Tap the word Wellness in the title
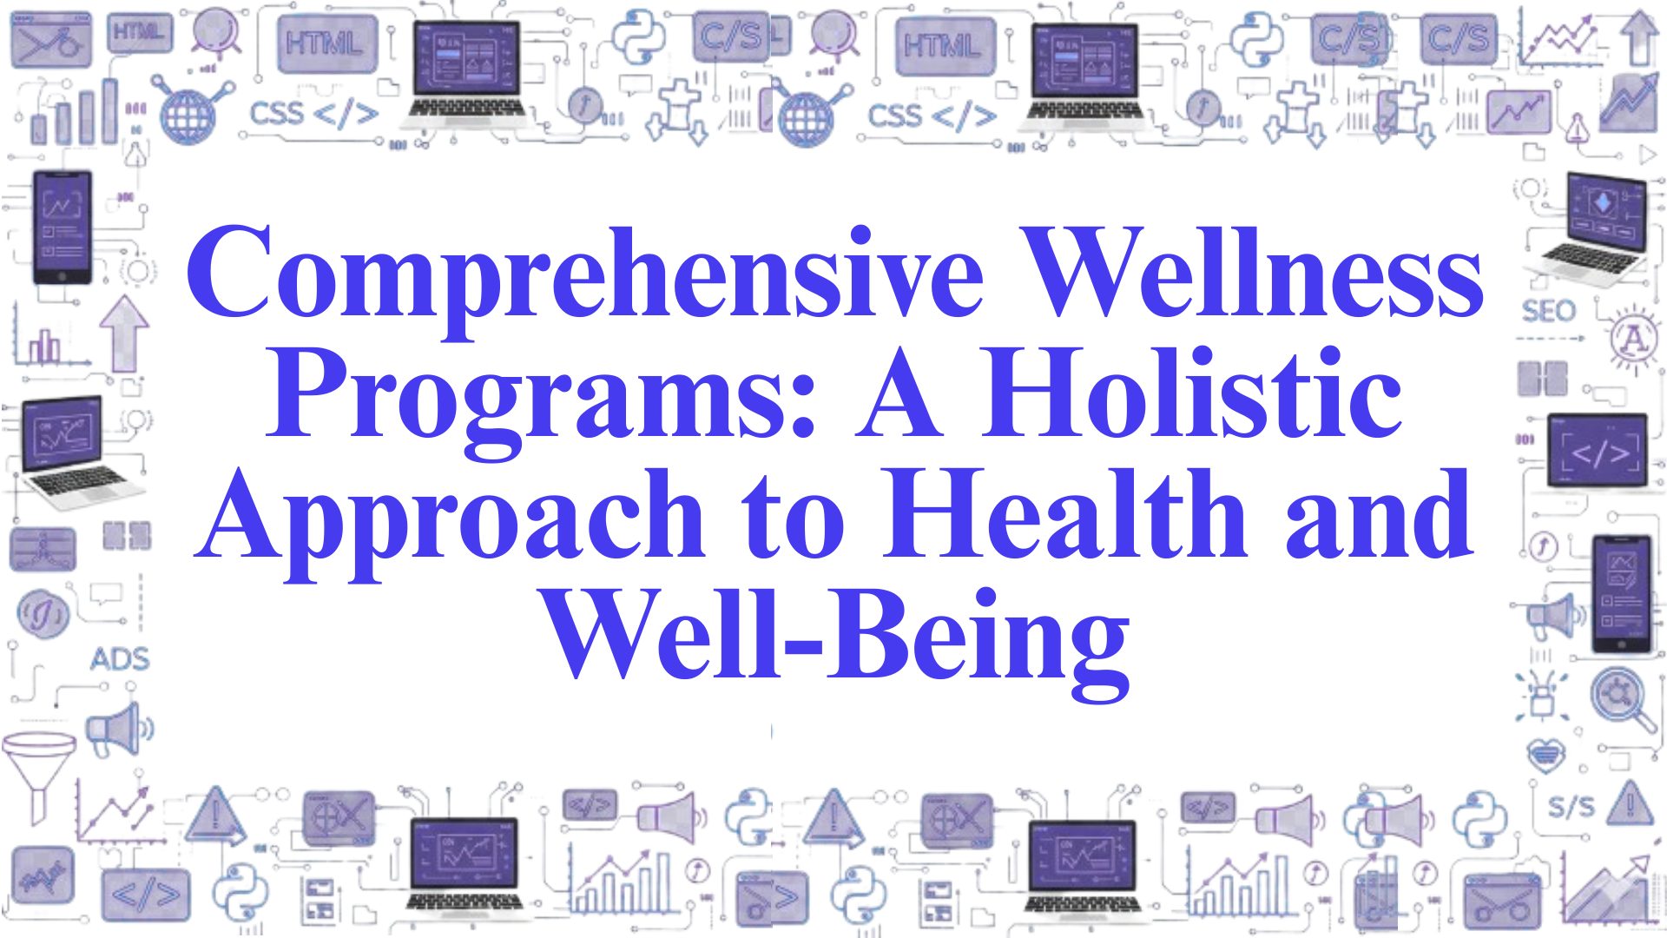[x=1250, y=273]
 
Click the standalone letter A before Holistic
[x=899, y=396]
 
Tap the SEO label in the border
[x=1548, y=311]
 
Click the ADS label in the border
[x=120, y=659]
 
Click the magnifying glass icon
[x=1620, y=698]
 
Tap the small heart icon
[x=1545, y=755]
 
